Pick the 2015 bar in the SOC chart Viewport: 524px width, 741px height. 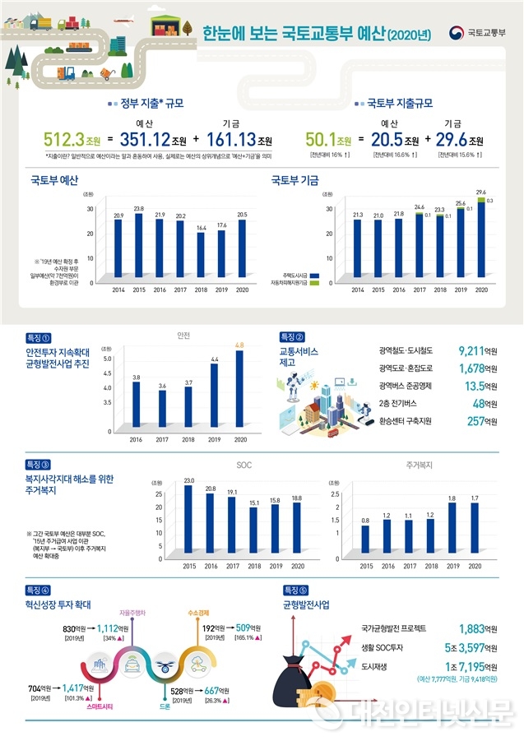point(189,522)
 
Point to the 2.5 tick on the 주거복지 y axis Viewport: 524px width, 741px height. point(334,494)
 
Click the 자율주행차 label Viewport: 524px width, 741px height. point(132,613)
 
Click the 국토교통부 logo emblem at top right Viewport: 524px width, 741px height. point(457,33)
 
